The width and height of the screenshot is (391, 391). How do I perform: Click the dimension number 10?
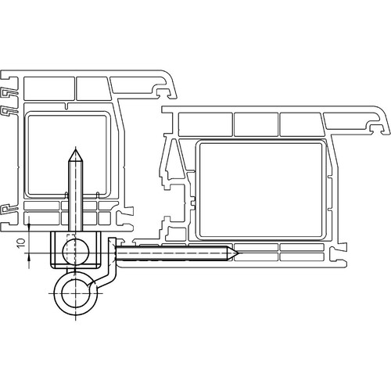(x=21, y=243)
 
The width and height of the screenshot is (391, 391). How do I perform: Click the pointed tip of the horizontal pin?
(x=238, y=253)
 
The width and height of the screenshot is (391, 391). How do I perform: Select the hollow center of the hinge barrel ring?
(x=76, y=293)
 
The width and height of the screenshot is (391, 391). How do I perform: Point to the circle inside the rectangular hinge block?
(x=76, y=252)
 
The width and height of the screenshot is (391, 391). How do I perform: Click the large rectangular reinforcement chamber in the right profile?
(x=260, y=189)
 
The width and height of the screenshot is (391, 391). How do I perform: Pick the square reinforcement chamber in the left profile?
(x=68, y=155)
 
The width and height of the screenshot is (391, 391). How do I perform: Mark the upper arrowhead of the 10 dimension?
(x=29, y=226)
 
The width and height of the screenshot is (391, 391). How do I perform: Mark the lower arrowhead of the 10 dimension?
(x=29, y=258)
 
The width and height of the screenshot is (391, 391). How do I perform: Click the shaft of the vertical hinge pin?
(x=76, y=196)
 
